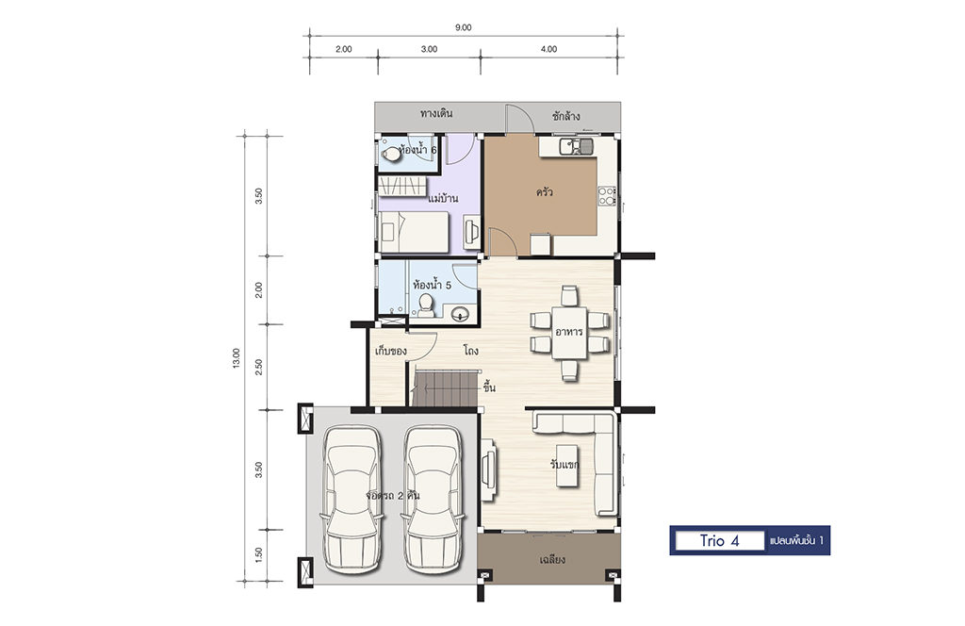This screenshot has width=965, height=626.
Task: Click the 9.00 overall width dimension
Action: point(463,27)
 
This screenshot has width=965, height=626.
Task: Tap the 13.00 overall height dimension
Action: point(237,358)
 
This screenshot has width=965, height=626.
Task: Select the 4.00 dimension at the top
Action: point(548,49)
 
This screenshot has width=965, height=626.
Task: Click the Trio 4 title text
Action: point(719,541)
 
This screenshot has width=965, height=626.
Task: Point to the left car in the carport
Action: point(352,499)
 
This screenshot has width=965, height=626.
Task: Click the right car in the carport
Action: point(432,499)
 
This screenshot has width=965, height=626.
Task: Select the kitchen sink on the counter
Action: point(576,146)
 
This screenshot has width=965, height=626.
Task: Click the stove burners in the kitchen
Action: point(607,196)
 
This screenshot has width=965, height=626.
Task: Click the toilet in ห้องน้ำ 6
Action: point(390,154)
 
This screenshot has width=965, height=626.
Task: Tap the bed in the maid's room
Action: point(414,232)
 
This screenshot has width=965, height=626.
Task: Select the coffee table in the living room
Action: point(567,466)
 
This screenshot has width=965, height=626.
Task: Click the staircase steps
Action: point(445,387)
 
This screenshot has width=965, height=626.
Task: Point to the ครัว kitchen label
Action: point(544,192)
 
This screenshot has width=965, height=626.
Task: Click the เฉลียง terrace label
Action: point(552,559)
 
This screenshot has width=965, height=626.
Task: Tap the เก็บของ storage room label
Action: point(391,352)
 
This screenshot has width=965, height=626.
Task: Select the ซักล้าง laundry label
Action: point(565,116)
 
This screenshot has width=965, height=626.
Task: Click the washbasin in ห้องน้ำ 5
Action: point(460,315)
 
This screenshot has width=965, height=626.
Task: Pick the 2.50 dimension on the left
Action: point(258,367)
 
